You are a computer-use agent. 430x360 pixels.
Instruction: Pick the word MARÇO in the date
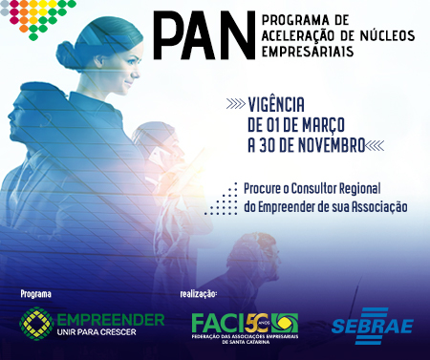(x=336, y=124)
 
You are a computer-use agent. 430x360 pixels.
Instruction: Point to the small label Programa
(x=35, y=293)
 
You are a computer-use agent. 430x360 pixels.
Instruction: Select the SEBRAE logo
(x=371, y=324)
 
